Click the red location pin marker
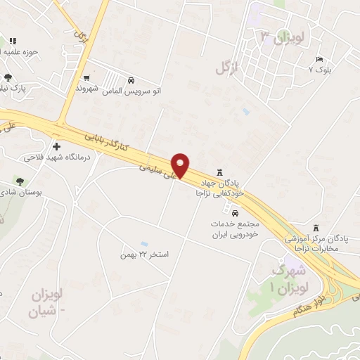[181, 165]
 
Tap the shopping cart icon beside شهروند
[86, 77]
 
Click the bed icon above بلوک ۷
[320, 59]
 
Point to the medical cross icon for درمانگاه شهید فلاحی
[56, 146]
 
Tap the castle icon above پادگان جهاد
[219, 172]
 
